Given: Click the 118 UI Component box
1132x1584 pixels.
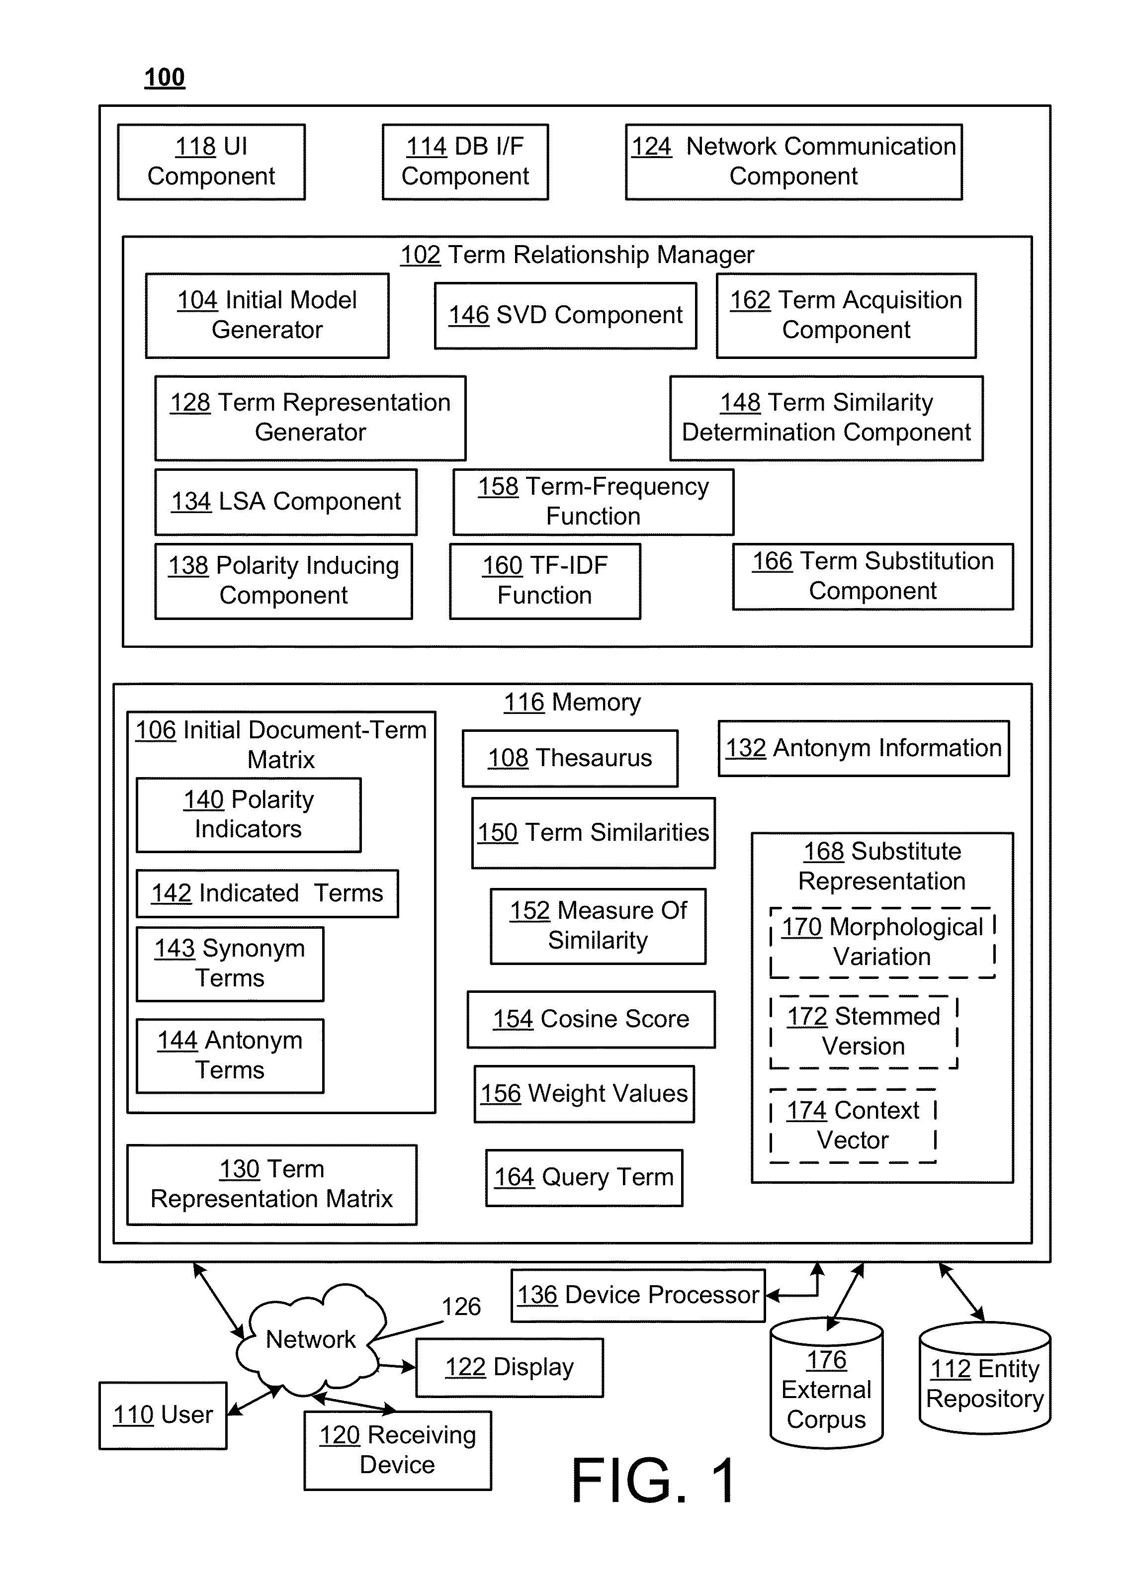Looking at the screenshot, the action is pyautogui.click(x=211, y=162).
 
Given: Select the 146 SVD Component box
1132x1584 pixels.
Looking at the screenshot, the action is pyautogui.click(x=565, y=315).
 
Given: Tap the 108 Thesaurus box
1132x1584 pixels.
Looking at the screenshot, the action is pyautogui.click(x=570, y=758).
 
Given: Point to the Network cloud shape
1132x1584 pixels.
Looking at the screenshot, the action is pyautogui.click(x=311, y=1339).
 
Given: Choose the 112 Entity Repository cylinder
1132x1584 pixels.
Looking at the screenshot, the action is pyautogui.click(x=985, y=1378).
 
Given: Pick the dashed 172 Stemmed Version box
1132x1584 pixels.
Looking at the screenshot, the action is pyautogui.click(x=864, y=1032).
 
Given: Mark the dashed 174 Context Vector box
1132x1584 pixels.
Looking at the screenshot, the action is pyautogui.click(x=853, y=1126).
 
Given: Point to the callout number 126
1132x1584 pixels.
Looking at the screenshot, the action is pyautogui.click(x=461, y=1307).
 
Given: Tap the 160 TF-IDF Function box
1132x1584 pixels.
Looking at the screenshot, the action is pyautogui.click(x=545, y=581).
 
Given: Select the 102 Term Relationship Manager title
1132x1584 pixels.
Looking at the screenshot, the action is pyautogui.click(x=577, y=255).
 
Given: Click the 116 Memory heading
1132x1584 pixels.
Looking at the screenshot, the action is pyautogui.click(x=572, y=703).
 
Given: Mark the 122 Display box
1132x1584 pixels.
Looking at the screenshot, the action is pyautogui.click(x=510, y=1367).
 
